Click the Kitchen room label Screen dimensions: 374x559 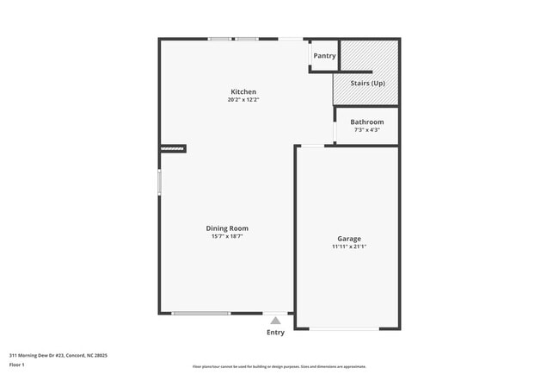(x=243, y=92)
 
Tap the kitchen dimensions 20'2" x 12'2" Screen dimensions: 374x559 (x=243, y=100)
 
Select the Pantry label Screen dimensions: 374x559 (x=324, y=56)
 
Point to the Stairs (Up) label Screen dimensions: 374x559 (x=366, y=84)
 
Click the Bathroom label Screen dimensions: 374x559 (x=367, y=122)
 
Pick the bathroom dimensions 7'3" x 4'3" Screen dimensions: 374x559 (x=367, y=130)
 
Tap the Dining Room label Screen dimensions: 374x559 (x=227, y=228)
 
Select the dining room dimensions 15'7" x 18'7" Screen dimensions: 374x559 (x=227, y=236)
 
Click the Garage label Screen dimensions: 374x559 (x=349, y=239)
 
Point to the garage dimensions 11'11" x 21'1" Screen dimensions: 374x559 (x=349, y=246)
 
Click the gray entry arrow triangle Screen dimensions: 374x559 (x=275, y=321)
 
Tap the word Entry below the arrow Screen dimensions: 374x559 (x=275, y=333)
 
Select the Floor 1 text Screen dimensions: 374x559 (x=18, y=364)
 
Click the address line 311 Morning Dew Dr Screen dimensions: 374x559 (x=58, y=354)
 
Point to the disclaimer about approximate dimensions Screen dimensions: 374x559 (x=279, y=366)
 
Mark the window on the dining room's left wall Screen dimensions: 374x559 (x=159, y=184)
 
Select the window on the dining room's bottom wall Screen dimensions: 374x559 (x=200, y=313)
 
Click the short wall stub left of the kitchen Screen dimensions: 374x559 (x=173, y=149)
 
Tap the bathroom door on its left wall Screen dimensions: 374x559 (x=335, y=129)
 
